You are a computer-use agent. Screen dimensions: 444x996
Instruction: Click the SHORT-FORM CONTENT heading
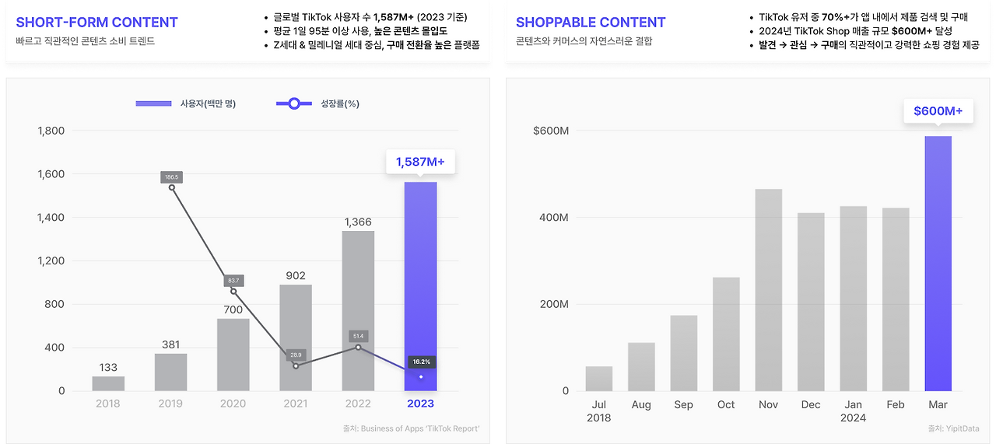click(97, 23)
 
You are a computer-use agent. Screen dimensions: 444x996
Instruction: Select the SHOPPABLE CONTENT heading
click(591, 23)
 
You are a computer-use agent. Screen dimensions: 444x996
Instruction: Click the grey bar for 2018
click(108, 383)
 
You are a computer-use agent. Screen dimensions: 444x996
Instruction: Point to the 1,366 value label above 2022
click(358, 222)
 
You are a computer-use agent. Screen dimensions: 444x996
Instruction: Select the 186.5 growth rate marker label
click(171, 177)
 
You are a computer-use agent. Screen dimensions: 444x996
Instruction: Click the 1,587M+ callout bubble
click(420, 162)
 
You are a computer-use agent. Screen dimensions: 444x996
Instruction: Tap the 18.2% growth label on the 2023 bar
click(421, 362)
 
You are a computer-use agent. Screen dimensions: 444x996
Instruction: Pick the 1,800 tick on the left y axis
click(51, 131)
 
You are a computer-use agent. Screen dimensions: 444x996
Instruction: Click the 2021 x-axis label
click(295, 404)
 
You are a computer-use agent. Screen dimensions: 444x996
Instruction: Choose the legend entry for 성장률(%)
click(318, 103)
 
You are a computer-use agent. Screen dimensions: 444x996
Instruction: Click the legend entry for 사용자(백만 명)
click(186, 103)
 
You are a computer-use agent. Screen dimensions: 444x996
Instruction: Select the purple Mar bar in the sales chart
click(938, 264)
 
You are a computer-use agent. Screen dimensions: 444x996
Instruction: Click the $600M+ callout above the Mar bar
click(938, 111)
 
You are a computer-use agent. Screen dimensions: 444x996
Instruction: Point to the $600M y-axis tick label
click(551, 131)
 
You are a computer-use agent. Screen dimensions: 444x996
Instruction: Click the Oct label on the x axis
click(726, 404)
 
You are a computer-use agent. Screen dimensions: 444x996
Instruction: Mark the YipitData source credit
click(953, 428)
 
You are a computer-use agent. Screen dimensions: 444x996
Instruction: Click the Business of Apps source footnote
click(411, 428)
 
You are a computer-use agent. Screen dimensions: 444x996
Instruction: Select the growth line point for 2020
click(233, 292)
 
